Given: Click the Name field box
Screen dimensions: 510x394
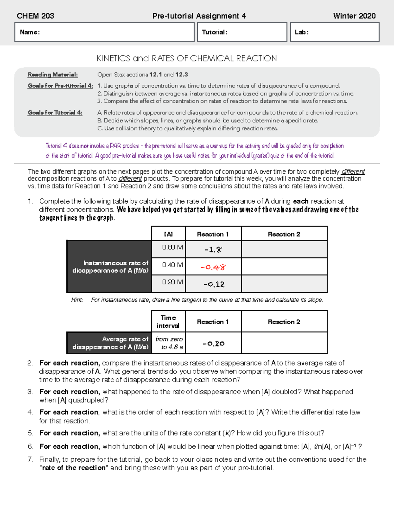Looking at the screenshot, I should (x=104, y=32).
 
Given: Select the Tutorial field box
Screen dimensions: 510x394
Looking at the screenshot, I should (x=242, y=32).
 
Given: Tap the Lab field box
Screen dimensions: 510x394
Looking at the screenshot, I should (x=335, y=32).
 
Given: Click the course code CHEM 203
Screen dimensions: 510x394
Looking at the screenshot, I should (x=35, y=16).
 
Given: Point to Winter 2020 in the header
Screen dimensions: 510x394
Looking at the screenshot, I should (x=354, y=16).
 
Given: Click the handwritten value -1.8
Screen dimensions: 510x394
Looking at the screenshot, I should (x=213, y=250).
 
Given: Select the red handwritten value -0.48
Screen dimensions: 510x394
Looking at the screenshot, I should (x=213, y=267).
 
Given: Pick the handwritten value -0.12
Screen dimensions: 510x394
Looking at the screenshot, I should (x=214, y=284).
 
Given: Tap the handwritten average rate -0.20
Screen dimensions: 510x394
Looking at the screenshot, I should (x=213, y=344).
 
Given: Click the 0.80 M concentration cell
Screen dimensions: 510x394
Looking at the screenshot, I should (x=168, y=248).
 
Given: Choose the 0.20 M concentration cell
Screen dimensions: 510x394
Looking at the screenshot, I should (x=168, y=282).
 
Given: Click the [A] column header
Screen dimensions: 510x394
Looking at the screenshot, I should (x=168, y=234).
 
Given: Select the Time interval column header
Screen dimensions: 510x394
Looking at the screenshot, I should (x=168, y=322).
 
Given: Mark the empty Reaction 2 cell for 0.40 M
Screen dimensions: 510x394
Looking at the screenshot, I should (x=284, y=266).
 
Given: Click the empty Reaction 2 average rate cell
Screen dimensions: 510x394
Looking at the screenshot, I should (x=284, y=343).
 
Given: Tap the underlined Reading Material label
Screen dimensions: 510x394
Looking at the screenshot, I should (x=53, y=75).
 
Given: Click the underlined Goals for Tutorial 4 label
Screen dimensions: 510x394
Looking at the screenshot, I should (x=55, y=113).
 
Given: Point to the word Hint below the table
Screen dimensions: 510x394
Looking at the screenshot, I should (x=77, y=300).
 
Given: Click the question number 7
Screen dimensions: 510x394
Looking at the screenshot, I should (x=30, y=459).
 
